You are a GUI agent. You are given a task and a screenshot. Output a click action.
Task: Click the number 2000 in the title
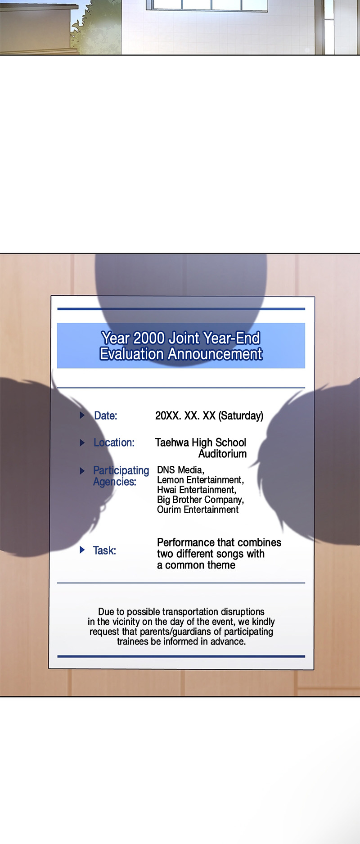click(x=149, y=338)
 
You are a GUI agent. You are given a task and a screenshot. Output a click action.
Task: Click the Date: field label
click(x=105, y=415)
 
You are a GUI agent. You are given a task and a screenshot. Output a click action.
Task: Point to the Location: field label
click(x=114, y=442)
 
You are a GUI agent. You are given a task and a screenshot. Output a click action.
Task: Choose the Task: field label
click(x=104, y=551)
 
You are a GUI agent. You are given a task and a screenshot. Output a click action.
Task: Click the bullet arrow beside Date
click(x=82, y=415)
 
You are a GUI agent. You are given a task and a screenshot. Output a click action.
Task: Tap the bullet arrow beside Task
click(x=82, y=550)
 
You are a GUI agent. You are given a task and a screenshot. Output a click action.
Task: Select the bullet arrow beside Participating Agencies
click(x=82, y=471)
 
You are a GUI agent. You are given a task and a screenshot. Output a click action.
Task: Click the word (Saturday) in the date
click(x=241, y=415)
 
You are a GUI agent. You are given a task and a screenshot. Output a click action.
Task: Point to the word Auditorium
click(x=223, y=454)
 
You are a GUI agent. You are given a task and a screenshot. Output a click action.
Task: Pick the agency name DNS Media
click(x=180, y=470)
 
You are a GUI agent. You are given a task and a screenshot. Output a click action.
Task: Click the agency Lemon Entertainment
click(x=200, y=480)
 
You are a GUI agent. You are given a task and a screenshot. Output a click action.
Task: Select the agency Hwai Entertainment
click(x=196, y=490)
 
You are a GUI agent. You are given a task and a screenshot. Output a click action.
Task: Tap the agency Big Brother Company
click(x=200, y=500)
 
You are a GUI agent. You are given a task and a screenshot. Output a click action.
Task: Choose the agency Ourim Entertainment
click(x=198, y=510)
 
